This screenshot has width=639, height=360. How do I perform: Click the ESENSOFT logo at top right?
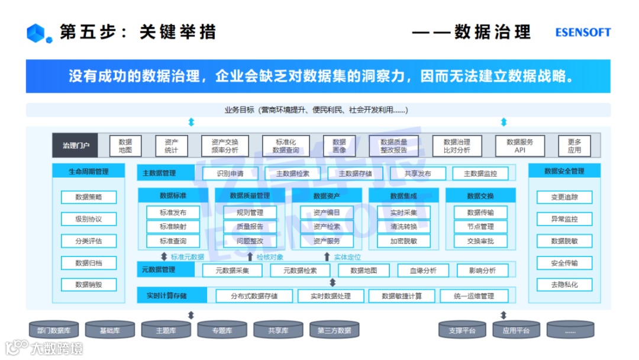[582, 33]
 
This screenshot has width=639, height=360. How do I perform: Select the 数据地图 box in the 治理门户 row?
[125, 146]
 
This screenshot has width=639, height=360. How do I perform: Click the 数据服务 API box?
[519, 146]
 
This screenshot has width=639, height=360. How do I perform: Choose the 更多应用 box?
[574, 146]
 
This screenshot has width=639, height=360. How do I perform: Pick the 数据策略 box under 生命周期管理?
[89, 197]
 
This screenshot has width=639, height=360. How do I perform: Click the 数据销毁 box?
[89, 285]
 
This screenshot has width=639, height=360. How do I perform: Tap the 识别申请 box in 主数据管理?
[230, 173]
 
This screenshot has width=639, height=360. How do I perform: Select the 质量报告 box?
[250, 227]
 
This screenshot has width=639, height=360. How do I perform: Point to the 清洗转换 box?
[404, 227]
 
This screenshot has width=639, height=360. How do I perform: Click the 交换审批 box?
[480, 241]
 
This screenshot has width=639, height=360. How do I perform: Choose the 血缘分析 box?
[424, 271]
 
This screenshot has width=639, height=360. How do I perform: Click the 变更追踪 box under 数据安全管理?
[564, 197]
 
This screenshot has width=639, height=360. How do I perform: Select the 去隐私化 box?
[564, 285]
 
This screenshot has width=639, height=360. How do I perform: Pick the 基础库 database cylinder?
[109, 330]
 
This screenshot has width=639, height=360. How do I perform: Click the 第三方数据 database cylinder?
[334, 330]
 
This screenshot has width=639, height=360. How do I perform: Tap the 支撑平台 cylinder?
[463, 330]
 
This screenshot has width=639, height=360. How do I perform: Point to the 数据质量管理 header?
[250, 195]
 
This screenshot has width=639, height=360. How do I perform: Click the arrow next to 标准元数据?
[164, 257]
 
